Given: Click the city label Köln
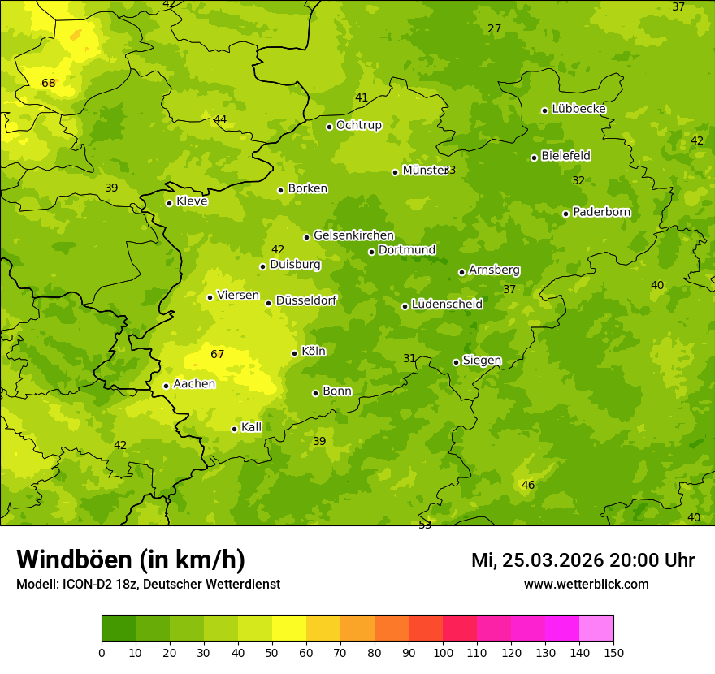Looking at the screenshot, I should click(x=314, y=352).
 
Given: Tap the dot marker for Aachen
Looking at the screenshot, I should click(x=166, y=386).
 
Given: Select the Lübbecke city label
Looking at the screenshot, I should click(x=578, y=109).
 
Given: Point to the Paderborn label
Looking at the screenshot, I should click(x=601, y=212).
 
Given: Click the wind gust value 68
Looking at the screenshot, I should click(x=49, y=83).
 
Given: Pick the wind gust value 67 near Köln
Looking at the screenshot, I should click(x=217, y=354).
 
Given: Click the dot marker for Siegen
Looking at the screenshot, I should click(x=456, y=362).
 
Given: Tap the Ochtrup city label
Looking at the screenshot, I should click(x=358, y=125).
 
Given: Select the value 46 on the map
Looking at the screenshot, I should click(x=528, y=485).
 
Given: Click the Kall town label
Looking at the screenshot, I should click(x=251, y=427).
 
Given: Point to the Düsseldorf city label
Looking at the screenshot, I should click(x=306, y=300).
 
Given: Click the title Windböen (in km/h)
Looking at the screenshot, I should click(x=131, y=560).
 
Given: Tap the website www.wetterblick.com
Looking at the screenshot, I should click(x=586, y=584).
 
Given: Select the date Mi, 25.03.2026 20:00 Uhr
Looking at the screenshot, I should click(x=583, y=560).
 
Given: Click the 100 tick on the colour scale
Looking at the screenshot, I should click(x=443, y=652).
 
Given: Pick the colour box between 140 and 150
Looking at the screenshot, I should click(x=596, y=629).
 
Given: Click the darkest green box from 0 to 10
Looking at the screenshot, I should click(x=119, y=629).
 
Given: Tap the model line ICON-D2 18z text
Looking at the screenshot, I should click(x=148, y=585).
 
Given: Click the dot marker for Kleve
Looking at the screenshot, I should click(x=169, y=203).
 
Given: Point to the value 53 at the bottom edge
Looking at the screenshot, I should click(x=425, y=525).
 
